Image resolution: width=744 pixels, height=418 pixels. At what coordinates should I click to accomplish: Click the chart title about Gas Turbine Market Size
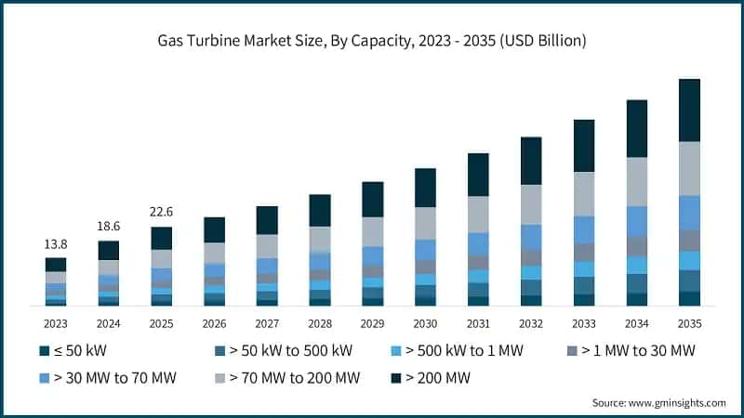pyautogui.click(x=372, y=41)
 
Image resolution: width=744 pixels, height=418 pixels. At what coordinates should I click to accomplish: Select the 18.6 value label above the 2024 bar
pyautogui.click(x=109, y=226)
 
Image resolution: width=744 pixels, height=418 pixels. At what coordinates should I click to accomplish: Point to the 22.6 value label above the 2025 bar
pyautogui.click(x=162, y=212)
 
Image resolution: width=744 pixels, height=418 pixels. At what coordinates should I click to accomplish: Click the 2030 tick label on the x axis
pyautogui.click(x=425, y=323)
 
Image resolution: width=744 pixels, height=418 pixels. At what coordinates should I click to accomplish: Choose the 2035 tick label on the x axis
pyautogui.click(x=689, y=323)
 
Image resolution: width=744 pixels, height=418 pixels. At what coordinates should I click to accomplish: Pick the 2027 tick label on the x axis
pyautogui.click(x=267, y=323)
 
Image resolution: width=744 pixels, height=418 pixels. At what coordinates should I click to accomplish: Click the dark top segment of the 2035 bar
pyautogui.click(x=689, y=110)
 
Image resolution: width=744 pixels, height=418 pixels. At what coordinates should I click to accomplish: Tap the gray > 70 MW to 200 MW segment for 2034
pyautogui.click(x=636, y=181)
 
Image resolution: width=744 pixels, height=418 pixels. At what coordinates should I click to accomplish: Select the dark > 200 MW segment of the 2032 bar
pyautogui.click(x=531, y=161)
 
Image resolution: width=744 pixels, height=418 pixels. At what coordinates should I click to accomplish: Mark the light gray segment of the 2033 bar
pyautogui.click(x=584, y=193)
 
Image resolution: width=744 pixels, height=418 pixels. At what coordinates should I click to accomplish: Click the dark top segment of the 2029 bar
pyautogui.click(x=372, y=199)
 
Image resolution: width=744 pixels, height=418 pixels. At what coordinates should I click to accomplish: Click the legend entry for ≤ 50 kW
pyautogui.click(x=78, y=351)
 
